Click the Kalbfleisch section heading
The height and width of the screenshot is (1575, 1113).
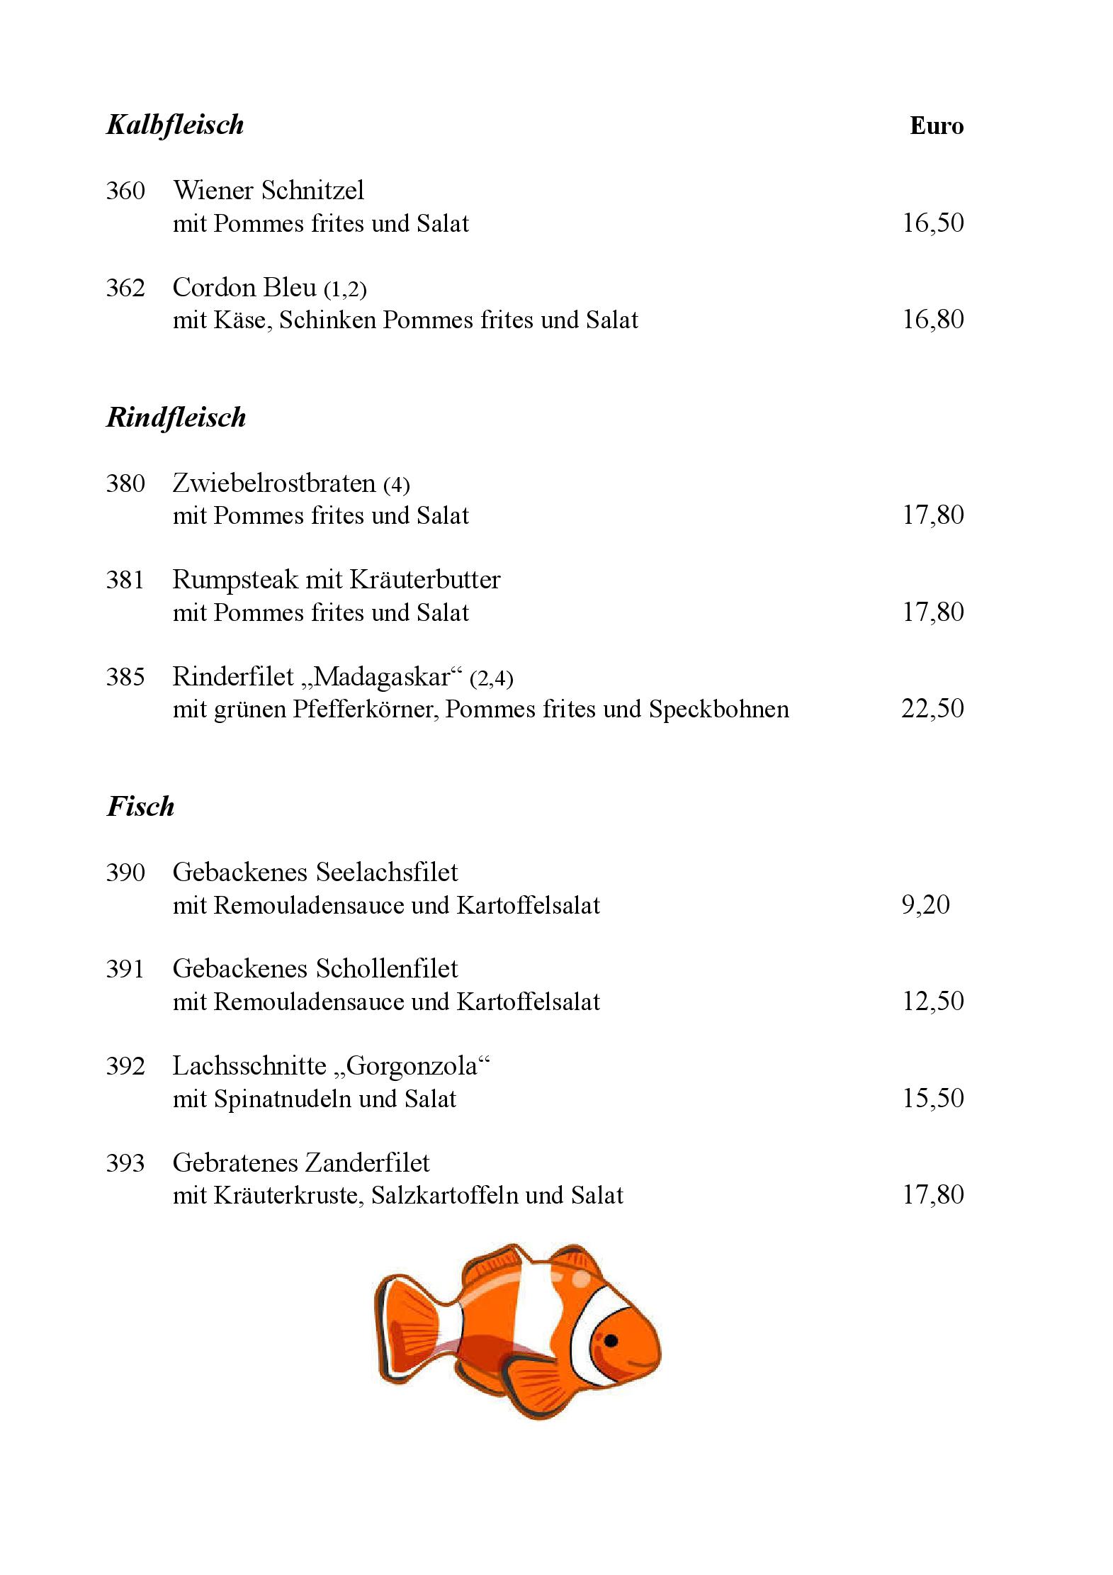tap(175, 125)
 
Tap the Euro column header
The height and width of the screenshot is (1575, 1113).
tap(936, 126)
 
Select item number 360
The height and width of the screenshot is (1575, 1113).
tap(125, 191)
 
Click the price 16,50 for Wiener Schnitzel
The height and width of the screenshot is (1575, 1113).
tap(932, 223)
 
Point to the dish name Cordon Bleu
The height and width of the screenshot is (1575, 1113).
tap(244, 287)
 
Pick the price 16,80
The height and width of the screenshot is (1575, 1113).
tap(932, 320)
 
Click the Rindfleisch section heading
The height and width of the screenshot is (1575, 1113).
tap(176, 417)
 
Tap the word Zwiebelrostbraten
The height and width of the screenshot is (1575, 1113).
tap(273, 483)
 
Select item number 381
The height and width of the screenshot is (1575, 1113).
tap(125, 580)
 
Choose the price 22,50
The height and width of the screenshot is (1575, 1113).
tap(932, 709)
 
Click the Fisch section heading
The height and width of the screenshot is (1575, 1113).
tap(140, 807)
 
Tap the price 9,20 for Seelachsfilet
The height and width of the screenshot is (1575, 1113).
tap(925, 905)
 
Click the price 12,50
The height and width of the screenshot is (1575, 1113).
tap(932, 1002)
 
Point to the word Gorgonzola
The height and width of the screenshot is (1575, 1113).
tap(414, 1066)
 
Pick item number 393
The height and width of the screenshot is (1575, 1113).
tap(125, 1163)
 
